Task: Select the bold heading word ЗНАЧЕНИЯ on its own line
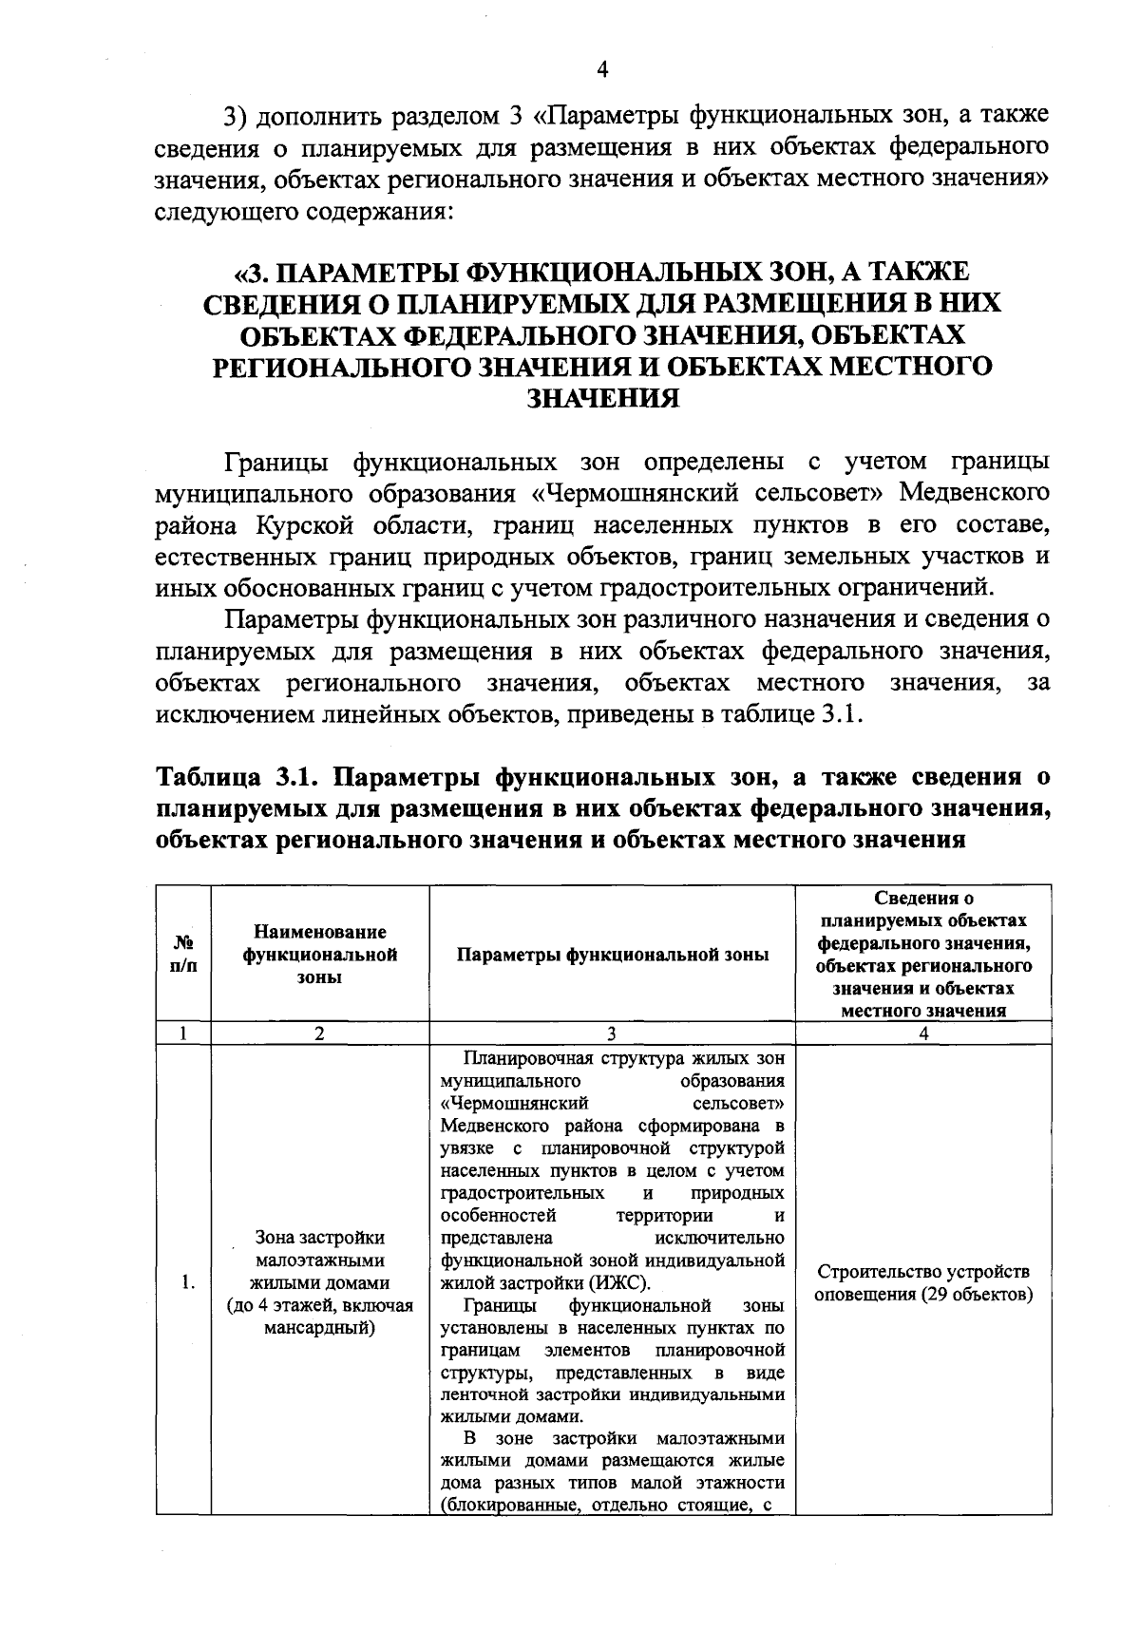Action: click(602, 399)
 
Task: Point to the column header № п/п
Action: click(183, 954)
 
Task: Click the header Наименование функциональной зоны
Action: click(319, 954)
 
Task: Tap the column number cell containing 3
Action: click(612, 1033)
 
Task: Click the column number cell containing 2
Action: click(319, 1033)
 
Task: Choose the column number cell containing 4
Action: click(923, 1033)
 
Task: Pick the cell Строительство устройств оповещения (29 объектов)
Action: click(923, 1283)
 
